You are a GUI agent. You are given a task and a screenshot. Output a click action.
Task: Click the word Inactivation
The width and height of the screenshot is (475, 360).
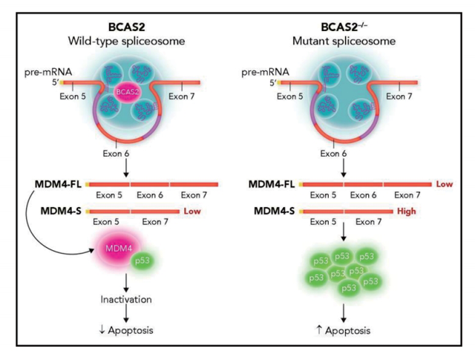click(125, 299)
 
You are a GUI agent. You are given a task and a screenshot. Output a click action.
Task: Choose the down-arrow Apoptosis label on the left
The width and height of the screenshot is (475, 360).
click(125, 330)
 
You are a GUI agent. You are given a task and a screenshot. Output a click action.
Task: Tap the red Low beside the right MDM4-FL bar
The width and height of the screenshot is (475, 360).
click(445, 183)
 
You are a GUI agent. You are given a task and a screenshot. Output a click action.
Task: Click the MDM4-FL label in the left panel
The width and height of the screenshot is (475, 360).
click(57, 183)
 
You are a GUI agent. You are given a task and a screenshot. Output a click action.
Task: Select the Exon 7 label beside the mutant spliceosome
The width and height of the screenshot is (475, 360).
click(402, 96)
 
